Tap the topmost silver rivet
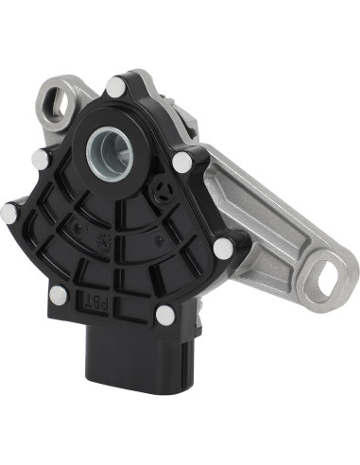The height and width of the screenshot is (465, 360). [x=116, y=86]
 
